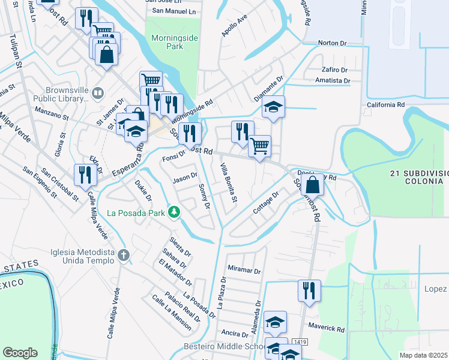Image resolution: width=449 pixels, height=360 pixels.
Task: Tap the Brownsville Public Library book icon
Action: (x=98, y=93)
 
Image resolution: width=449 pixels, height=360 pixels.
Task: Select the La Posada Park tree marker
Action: (x=173, y=212)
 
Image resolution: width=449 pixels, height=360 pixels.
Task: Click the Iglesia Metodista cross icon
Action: (x=123, y=256)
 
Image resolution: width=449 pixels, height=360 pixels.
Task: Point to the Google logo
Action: (x=20, y=353)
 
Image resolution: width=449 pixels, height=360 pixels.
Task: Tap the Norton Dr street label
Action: (x=332, y=43)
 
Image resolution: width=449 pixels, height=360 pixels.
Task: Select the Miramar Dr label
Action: (x=244, y=271)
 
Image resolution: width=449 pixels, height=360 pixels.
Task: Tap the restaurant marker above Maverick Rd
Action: (x=309, y=290)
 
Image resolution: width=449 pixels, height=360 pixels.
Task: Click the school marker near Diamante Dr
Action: (x=273, y=107)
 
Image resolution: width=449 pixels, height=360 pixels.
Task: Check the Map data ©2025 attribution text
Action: (x=424, y=355)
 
